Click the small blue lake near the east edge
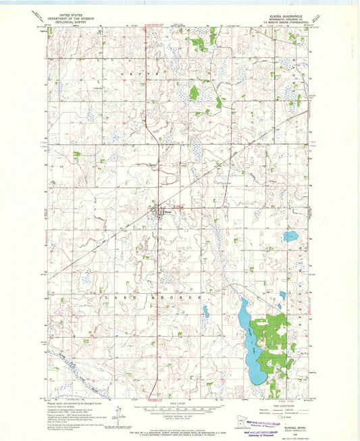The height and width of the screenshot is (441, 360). [290, 236]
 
